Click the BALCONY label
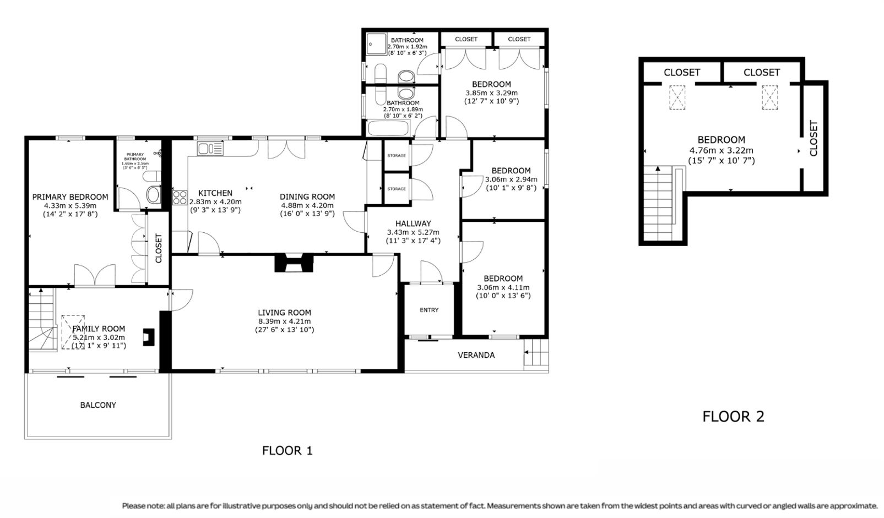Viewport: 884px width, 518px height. coord(98,405)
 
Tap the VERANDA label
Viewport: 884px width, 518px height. coord(476,355)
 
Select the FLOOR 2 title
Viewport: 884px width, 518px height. coord(733,417)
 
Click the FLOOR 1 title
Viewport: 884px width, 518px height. coord(287,450)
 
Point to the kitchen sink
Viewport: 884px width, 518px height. coord(210,149)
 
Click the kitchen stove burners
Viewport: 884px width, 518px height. coord(180,197)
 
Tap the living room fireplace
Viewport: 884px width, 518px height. coord(294,263)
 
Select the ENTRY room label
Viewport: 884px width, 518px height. coord(429,310)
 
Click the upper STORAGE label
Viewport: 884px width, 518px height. coord(396,155)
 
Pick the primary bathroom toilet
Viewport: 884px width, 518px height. coord(153,194)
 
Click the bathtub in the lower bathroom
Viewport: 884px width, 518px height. coord(388,128)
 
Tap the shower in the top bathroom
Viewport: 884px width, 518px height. coord(377,44)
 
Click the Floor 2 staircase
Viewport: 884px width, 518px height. coord(663,204)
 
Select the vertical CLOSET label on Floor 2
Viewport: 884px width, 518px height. coord(814,138)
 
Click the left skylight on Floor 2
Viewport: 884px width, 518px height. coord(677,97)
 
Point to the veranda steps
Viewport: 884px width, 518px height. coord(536,352)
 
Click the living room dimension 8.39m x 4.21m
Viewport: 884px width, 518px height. coord(284,321)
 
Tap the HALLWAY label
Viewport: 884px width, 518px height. coord(413,223)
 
